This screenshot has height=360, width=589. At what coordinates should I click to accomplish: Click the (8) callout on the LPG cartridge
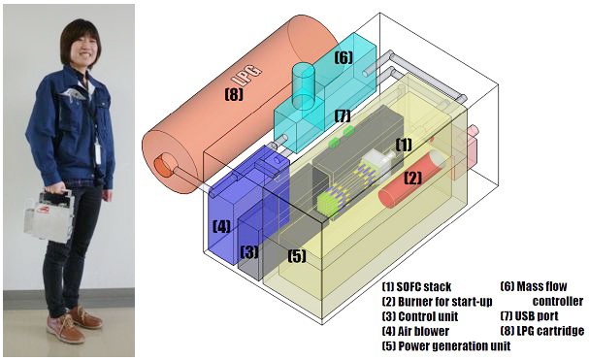[x=234, y=94]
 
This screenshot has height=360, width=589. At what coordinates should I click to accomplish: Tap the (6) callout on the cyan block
[x=344, y=58]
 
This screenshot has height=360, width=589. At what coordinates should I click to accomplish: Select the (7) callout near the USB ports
[x=343, y=116]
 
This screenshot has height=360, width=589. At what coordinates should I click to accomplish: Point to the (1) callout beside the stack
[x=404, y=145]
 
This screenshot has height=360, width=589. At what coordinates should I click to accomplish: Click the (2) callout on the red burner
[x=412, y=178]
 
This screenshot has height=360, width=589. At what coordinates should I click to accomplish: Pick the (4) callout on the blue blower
[x=221, y=227]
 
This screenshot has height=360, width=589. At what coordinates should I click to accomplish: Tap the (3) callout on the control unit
[x=249, y=251]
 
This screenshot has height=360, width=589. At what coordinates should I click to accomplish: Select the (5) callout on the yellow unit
[x=297, y=256]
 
